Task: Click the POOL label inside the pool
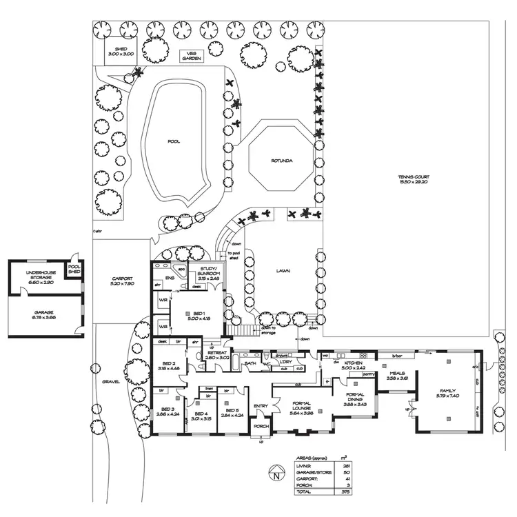[174, 141]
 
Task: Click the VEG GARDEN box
[190, 57]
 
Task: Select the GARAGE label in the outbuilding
[43, 316]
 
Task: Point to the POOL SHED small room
[74, 270]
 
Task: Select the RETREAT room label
[216, 355]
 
